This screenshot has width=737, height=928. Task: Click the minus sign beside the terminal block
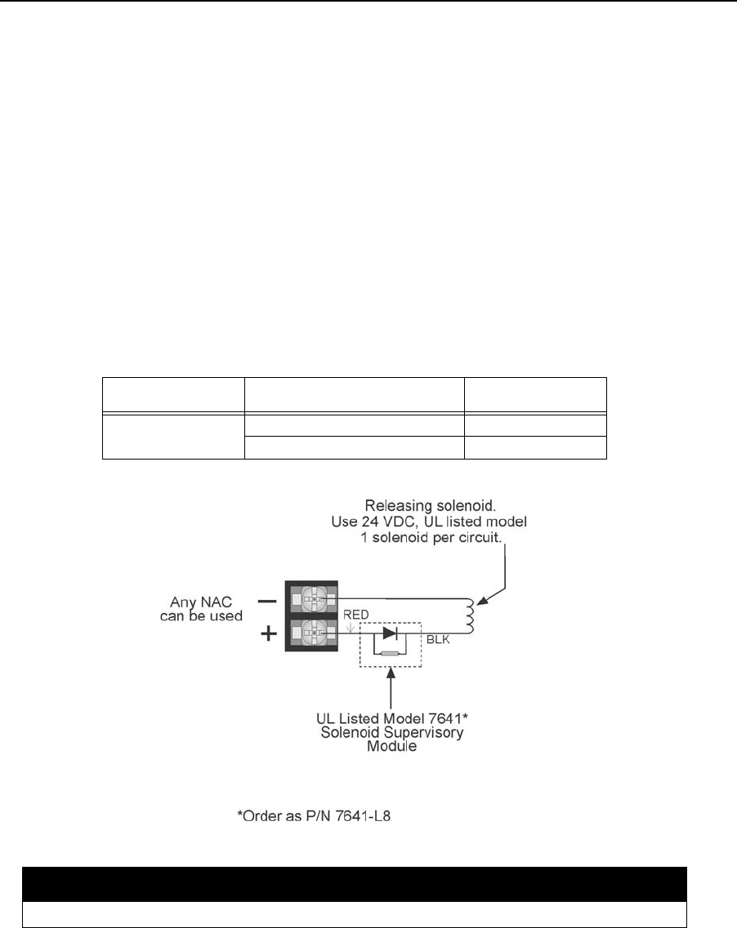tap(266, 600)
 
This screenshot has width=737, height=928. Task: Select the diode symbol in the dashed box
tap(390, 633)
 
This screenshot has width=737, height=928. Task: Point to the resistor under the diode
tap(389, 652)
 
